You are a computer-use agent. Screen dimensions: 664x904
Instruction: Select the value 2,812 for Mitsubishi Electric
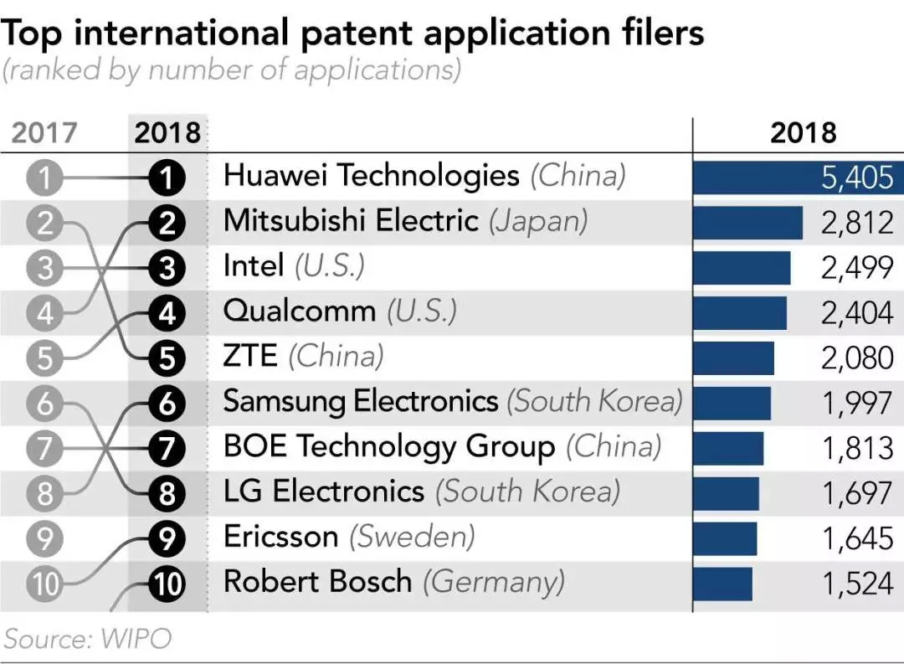coord(857,223)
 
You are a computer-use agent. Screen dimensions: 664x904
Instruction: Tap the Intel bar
coord(742,268)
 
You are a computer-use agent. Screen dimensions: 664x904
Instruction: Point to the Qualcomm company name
coord(299,312)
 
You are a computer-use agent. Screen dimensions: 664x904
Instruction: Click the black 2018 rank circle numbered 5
coord(167,358)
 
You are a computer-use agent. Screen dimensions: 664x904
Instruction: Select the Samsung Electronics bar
coord(732,404)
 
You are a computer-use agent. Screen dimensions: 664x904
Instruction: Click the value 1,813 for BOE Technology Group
coord(857,449)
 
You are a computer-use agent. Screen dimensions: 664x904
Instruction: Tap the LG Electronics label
coord(323,492)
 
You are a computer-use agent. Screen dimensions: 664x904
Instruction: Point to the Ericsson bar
coord(725,539)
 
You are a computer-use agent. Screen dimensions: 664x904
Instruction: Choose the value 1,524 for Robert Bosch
coord(857,584)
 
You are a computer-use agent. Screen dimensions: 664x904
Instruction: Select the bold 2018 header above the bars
coord(802,132)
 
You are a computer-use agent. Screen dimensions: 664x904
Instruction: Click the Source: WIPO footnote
coord(88,639)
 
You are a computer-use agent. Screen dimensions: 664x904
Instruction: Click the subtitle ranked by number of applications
coord(232,70)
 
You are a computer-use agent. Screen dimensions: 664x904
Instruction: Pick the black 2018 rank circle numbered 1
coord(167,178)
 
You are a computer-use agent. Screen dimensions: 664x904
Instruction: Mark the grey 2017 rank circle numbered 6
coord(44,404)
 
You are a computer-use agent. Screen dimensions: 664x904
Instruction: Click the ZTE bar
coord(733,358)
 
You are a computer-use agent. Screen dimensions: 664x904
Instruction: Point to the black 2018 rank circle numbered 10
coord(167,584)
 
